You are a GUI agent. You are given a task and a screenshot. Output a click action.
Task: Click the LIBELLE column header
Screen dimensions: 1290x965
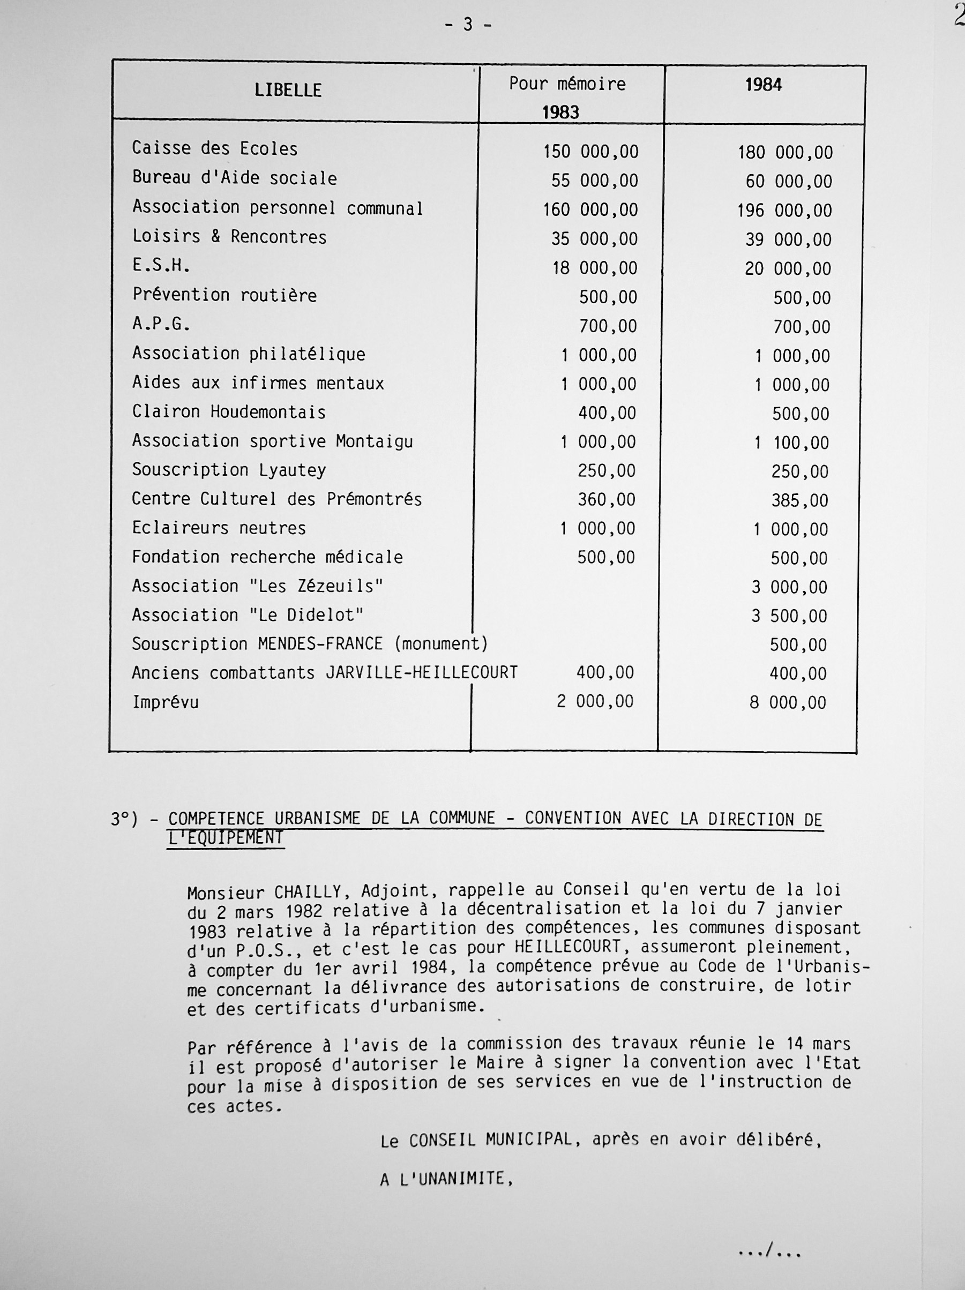pos(288,90)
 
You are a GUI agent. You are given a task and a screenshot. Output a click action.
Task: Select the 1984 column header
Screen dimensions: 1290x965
pos(763,85)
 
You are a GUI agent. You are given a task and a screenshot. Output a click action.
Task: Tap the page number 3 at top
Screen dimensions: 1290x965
pos(468,25)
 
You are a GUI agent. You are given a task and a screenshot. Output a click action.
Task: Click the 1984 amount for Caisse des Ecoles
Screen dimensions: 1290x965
pos(786,153)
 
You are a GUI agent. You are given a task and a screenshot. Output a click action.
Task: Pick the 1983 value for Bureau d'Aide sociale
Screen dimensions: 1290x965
pos(595,181)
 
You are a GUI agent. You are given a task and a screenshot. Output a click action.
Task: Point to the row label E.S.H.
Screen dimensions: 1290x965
pos(161,266)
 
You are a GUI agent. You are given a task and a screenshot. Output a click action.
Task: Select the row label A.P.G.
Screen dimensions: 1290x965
pos(161,324)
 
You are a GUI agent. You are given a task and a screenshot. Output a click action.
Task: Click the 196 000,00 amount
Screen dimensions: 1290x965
pos(785,211)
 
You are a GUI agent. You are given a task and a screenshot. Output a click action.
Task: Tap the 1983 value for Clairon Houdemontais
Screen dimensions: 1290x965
pos(607,413)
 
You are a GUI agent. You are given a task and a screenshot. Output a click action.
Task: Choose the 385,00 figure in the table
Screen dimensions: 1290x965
pos(799,500)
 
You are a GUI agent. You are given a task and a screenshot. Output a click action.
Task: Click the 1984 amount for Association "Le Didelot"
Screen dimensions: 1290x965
pos(789,616)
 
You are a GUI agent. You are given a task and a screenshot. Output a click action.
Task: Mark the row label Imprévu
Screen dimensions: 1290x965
pos(165,702)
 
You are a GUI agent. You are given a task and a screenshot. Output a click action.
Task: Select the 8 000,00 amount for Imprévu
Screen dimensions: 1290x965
pos(788,703)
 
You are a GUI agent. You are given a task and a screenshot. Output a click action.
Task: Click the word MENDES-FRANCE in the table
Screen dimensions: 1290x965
pos(320,644)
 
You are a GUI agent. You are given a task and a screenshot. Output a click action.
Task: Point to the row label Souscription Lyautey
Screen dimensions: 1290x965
pos(229,470)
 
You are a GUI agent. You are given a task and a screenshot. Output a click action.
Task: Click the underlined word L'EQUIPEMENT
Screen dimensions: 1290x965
pos(226,838)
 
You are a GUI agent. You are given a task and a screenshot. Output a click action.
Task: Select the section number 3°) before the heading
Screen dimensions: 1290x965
pos(124,819)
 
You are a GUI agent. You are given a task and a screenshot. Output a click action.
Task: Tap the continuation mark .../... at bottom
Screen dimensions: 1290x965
pos(769,1249)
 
